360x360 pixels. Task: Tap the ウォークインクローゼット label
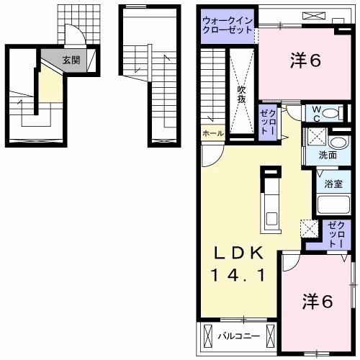tap(228, 26)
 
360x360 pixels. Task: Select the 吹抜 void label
tap(243, 94)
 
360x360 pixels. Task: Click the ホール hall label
tap(212, 134)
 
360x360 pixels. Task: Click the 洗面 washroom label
tap(329, 155)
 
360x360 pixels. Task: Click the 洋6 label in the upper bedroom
tap(305, 60)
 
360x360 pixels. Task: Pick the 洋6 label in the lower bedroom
tap(318, 302)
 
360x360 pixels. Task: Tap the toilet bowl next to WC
tap(331, 114)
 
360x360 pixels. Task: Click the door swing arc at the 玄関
tap(74, 36)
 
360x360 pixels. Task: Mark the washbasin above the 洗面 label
tap(316, 138)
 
